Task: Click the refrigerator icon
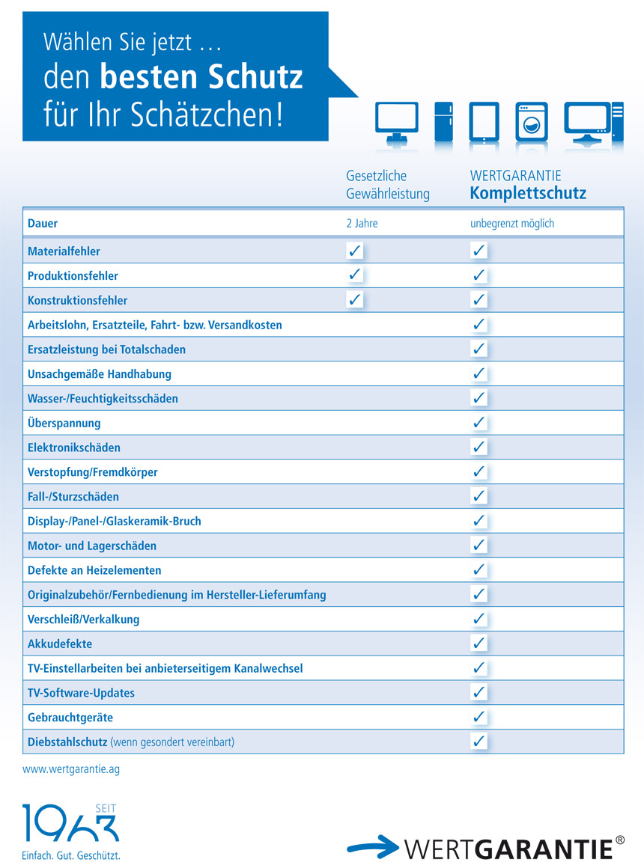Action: pos(443,122)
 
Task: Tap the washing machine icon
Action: pos(532,122)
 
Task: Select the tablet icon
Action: pos(484,122)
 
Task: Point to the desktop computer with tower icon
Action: pos(593,122)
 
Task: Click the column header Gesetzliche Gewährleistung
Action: pos(388,185)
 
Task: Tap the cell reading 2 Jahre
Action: pos(362,223)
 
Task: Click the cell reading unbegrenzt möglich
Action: pos(512,223)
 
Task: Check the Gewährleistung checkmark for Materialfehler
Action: pos(355,251)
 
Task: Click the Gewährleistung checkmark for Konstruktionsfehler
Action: pos(355,300)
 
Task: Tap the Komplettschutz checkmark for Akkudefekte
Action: pos(479,644)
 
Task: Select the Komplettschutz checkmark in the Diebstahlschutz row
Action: pos(479,742)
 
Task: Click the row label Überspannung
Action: pos(64,423)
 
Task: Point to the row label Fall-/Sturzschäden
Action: pos(73,496)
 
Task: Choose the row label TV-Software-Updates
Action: pos(81,693)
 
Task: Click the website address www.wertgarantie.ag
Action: pos(71,768)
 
